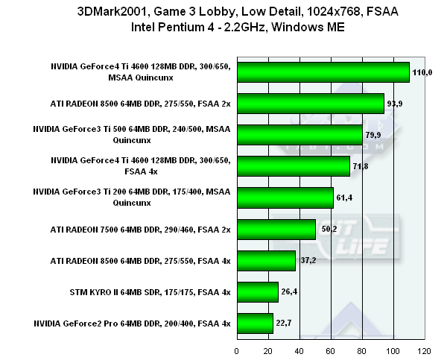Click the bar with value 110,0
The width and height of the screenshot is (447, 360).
pyautogui.click(x=323, y=72)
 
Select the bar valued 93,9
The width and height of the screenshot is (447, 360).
pyautogui.click(x=310, y=103)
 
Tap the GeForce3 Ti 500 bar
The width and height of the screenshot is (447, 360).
pyautogui.click(x=299, y=134)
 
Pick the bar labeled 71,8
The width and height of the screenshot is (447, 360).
pyautogui.click(x=293, y=166)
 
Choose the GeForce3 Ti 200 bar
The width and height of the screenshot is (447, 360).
pyautogui.click(x=285, y=198)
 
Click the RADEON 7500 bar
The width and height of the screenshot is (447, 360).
pyautogui.click(x=276, y=229)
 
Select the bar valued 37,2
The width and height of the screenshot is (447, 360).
pyautogui.click(x=266, y=260)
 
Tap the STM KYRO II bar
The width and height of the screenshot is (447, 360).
pyautogui.click(x=257, y=291)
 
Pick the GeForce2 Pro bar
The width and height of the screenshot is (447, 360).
pyautogui.click(x=254, y=323)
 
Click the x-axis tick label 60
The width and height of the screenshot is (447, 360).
pyautogui.click(x=331, y=350)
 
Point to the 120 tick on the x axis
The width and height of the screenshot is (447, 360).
pyautogui.click(x=424, y=350)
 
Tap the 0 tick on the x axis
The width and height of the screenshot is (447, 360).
pyautogui.click(x=237, y=350)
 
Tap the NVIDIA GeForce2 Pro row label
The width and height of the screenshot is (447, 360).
pyautogui.click(x=132, y=323)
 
